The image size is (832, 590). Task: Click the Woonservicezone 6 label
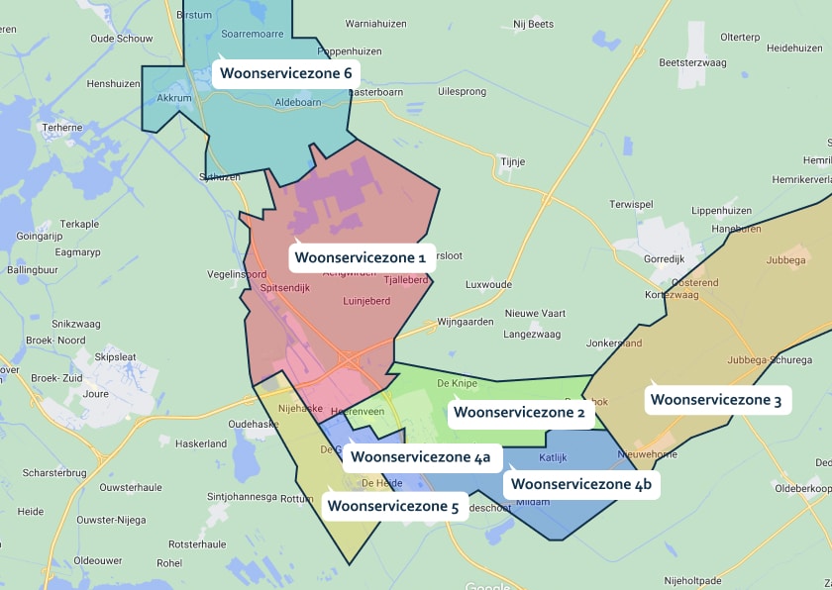click(286, 73)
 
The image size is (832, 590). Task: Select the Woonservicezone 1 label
click(361, 258)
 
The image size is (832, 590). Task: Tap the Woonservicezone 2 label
click(519, 412)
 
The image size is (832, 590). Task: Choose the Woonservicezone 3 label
click(716, 400)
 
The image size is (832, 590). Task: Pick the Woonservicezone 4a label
click(421, 457)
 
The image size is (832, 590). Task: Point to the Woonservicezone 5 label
click(393, 506)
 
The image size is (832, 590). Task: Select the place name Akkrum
click(174, 98)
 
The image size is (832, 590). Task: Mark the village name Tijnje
click(512, 161)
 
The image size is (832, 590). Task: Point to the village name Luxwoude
click(488, 284)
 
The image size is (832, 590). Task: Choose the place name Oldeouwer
click(98, 560)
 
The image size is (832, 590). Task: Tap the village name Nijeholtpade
click(694, 581)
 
